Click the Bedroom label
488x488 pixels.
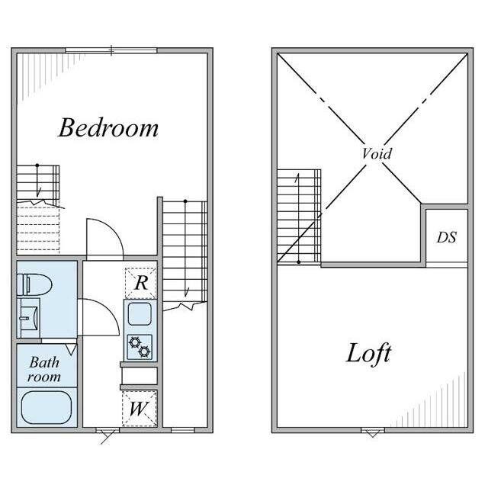[108, 127]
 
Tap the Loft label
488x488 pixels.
[369, 354]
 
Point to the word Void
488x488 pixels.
[377, 153]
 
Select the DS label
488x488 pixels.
[447, 237]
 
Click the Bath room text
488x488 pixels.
[44, 369]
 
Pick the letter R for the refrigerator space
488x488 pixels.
[141, 283]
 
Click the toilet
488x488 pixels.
[34, 284]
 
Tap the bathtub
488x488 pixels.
[47, 407]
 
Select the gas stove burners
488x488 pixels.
[140, 347]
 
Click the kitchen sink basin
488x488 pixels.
[140, 313]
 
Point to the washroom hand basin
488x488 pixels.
[29, 318]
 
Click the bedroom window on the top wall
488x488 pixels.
[111, 51]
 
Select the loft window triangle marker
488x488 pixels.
[373, 433]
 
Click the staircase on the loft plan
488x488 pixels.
[299, 217]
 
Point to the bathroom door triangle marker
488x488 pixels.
[71, 349]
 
